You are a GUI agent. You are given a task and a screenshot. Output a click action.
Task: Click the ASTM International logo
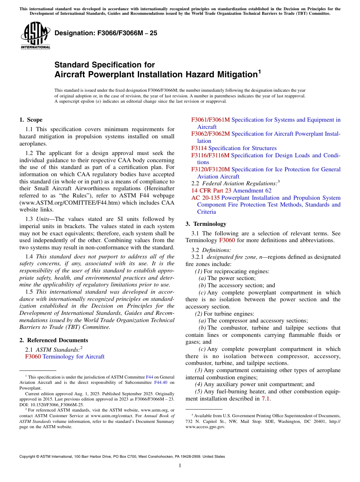(x=35, y=36)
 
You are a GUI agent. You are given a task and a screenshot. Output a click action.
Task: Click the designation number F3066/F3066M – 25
(x=106, y=33)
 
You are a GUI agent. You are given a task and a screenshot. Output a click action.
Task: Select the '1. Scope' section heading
(x=31, y=120)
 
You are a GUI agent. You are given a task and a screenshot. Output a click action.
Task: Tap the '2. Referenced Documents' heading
(x=54, y=340)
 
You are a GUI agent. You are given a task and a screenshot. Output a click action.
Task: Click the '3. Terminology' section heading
(x=206, y=224)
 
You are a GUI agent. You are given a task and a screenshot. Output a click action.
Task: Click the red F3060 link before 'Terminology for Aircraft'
(x=33, y=357)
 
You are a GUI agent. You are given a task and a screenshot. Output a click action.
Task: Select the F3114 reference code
(x=199, y=148)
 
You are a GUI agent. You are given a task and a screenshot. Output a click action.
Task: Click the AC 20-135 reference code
(x=205, y=198)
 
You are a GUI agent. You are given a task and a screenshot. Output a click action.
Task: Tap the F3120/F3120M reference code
(x=210, y=169)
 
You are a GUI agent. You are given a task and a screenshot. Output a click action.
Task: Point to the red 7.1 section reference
(x=266, y=399)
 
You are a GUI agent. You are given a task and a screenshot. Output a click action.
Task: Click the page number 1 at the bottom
(x=180, y=466)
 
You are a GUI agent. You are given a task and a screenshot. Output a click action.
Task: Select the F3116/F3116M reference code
(x=210, y=155)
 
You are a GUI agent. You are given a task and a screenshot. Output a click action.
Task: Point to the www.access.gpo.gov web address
(x=205, y=427)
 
